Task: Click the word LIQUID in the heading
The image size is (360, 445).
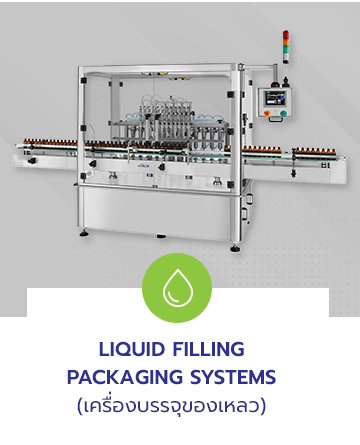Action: pyautogui.click(x=132, y=349)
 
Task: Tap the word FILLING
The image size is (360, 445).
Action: pyautogui.click(x=209, y=349)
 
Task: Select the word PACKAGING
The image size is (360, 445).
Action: pyautogui.click(x=125, y=377)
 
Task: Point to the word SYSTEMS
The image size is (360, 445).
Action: pyautogui.click(x=233, y=377)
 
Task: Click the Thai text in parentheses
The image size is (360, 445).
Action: pyautogui.click(x=171, y=405)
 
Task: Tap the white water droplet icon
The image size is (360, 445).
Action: pyautogui.click(x=177, y=288)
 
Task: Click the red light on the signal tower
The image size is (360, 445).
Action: pyautogui.click(x=286, y=35)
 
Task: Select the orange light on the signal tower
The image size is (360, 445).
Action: pyautogui.click(x=286, y=43)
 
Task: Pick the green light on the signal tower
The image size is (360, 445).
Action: pyautogui.click(x=286, y=50)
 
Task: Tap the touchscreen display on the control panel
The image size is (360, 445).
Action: pyautogui.click(x=274, y=99)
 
